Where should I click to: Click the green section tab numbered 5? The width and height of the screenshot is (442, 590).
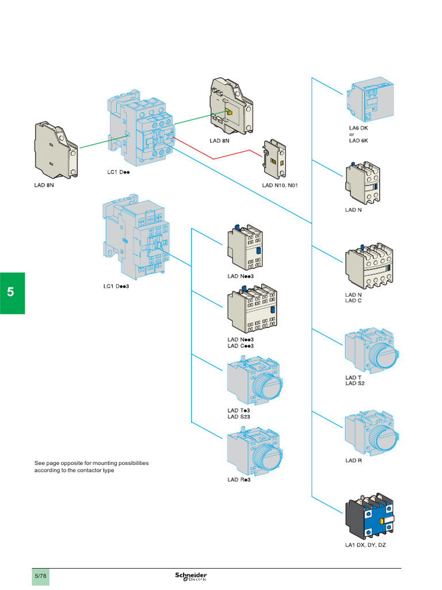point(12,293)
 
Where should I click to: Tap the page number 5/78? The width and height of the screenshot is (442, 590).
point(41,576)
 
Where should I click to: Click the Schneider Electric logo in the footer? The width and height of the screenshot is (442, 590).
point(191,576)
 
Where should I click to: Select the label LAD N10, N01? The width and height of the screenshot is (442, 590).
point(284,186)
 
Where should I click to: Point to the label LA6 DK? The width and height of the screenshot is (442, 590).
point(358,128)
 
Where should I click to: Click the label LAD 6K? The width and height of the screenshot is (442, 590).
point(358,141)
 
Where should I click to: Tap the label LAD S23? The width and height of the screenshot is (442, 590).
point(239,417)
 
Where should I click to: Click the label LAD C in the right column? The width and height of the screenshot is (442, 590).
point(353,300)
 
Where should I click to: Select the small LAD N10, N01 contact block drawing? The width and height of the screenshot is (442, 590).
point(275,160)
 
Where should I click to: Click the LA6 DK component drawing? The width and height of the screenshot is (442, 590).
point(369,100)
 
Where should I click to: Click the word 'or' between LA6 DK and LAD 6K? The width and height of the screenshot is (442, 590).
point(352,134)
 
